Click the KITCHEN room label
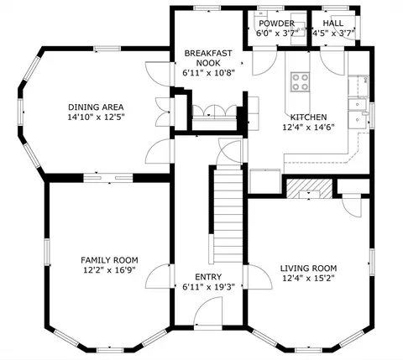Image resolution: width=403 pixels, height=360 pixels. click(308, 117)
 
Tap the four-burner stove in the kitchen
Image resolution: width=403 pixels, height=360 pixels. click(300, 82)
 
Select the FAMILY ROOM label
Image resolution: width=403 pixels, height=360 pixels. click(109, 260)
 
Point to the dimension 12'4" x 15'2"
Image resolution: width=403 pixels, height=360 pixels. click(308, 279)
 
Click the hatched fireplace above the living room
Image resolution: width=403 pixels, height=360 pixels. click(309, 189)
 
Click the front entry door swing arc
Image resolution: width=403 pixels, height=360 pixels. click(207, 311)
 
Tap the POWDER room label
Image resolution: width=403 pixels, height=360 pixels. click(277, 23)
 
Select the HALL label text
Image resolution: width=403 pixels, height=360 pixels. click(333, 23)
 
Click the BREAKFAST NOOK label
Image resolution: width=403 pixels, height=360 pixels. click(208, 58)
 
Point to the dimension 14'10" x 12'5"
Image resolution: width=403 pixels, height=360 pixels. click(96, 117)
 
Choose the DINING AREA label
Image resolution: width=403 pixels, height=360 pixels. click(96, 107)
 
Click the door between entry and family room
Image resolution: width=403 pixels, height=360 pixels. click(159, 276)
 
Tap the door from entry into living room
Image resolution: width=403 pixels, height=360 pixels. click(258, 277)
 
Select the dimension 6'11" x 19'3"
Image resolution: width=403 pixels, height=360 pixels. click(208, 287)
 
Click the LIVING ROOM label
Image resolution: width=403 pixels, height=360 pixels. click(308, 269)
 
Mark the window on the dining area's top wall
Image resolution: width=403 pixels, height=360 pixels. click(107, 49)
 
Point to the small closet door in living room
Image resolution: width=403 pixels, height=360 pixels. click(352, 206)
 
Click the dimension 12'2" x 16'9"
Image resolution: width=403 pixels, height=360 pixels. click(109, 270)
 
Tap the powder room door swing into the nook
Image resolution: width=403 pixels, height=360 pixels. click(264, 63)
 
